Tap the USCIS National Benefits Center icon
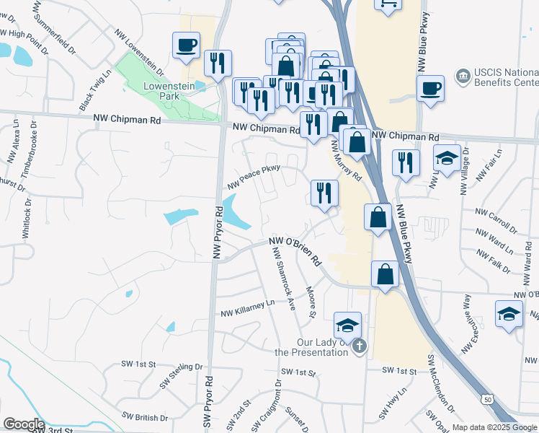coord(462,75)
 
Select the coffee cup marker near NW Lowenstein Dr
coord(187,46)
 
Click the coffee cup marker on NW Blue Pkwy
coord(430,89)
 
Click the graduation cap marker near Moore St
coord(347,326)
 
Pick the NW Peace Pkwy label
coord(253,177)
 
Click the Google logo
coord(24,424)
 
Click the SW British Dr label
coord(145,417)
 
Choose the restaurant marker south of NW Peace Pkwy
coord(324,193)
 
